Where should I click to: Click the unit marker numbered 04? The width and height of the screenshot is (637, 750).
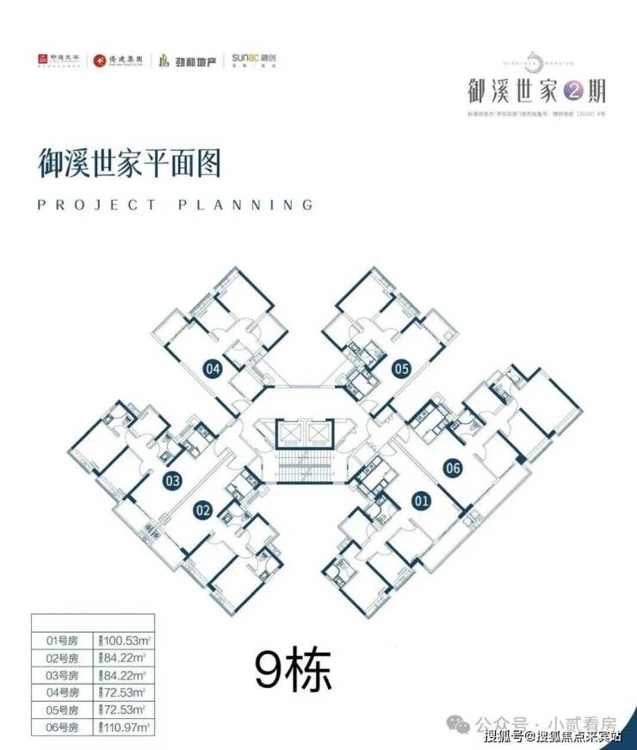point(213,369)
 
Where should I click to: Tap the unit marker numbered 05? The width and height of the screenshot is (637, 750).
point(401,369)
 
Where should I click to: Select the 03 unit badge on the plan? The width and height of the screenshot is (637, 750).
point(173,480)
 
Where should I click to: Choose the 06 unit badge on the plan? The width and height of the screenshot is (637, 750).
point(453,468)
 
